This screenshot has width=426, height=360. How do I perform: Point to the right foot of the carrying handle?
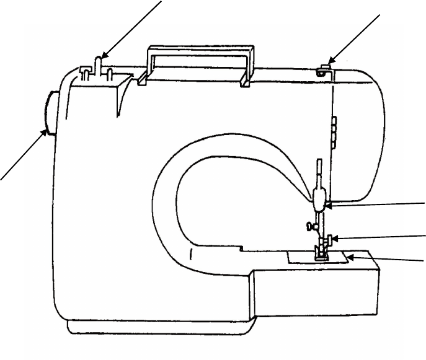coord(246,81)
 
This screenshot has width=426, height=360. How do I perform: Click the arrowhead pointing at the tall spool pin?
coord(104,58)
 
